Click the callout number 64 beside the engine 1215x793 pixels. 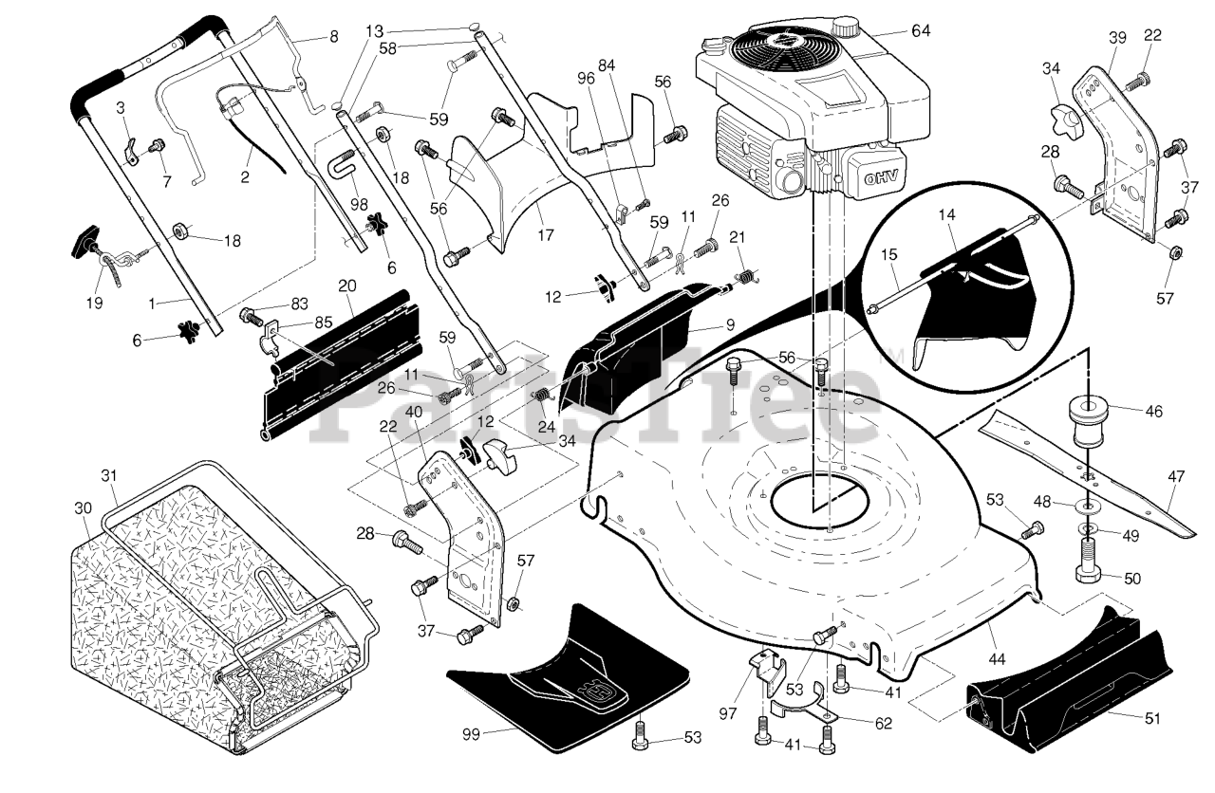point(921,31)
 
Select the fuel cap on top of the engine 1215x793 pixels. point(845,26)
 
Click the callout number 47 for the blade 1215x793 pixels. point(1176,476)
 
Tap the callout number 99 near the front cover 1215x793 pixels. point(472,735)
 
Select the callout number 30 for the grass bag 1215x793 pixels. point(83,507)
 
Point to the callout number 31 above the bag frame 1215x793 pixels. point(109,475)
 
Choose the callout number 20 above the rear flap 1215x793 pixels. point(347,286)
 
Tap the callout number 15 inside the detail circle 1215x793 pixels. point(889,254)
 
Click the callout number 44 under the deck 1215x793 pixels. point(997,659)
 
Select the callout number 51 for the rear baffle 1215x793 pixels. point(1152,719)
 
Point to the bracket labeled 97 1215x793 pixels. point(767,673)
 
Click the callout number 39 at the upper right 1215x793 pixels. point(1117,37)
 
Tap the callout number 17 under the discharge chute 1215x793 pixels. point(546,234)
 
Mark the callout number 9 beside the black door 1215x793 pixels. point(730,324)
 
